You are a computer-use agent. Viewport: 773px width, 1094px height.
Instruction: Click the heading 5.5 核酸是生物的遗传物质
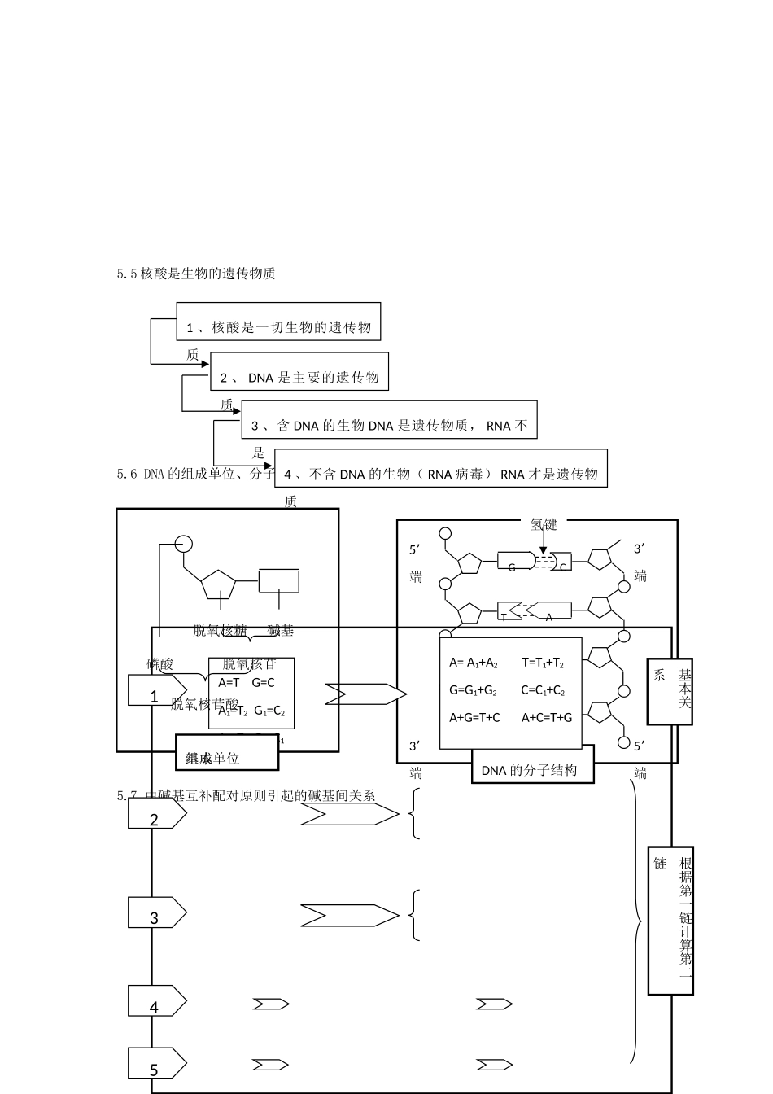click(196, 273)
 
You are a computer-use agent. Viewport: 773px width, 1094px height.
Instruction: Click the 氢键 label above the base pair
click(544, 525)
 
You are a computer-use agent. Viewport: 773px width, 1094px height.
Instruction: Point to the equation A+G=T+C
click(474, 717)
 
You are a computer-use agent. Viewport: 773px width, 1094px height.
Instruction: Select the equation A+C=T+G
click(547, 717)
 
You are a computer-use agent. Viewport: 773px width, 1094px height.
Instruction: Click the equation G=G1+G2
click(473, 690)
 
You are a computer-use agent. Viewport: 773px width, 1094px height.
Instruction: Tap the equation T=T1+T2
click(543, 663)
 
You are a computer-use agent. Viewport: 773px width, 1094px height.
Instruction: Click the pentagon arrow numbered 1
click(157, 690)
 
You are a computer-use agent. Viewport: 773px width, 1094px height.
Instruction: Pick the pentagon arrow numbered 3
click(157, 912)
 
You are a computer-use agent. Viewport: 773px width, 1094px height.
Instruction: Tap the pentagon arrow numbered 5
click(157, 1063)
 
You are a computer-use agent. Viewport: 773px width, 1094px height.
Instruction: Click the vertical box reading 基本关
click(670, 691)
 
